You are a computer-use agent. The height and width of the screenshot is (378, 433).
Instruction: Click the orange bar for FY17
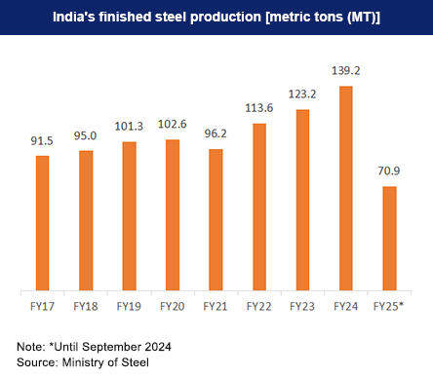pyautogui.click(x=42, y=223)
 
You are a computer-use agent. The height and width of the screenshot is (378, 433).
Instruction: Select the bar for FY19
pyautogui.click(x=129, y=216)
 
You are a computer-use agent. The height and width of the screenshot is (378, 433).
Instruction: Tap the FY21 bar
pyautogui.click(x=216, y=220)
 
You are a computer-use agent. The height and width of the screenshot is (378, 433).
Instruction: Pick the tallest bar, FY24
pyautogui.click(x=345, y=188)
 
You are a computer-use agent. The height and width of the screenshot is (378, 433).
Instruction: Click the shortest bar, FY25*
pyautogui.click(x=389, y=239)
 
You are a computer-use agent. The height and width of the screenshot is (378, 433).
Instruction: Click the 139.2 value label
pyautogui.click(x=345, y=70)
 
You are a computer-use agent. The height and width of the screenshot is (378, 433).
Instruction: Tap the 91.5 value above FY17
pyautogui.click(x=42, y=140)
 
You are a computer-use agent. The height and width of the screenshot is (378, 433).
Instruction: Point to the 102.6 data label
pyautogui.click(x=172, y=125)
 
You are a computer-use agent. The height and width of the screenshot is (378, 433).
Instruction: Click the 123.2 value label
pyautogui.click(x=302, y=94)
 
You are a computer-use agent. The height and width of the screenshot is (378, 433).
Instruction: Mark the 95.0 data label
pyautogui.click(x=86, y=135)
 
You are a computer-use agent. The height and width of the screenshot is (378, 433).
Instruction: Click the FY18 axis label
pyautogui.click(x=86, y=306)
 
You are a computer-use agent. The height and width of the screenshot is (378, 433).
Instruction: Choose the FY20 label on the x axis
pyautogui.click(x=172, y=306)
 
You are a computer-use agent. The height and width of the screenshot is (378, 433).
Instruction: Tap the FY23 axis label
pyautogui.click(x=302, y=306)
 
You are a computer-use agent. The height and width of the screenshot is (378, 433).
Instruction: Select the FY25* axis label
pyautogui.click(x=390, y=306)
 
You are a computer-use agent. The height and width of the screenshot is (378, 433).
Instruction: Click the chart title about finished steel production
pyautogui.click(x=216, y=17)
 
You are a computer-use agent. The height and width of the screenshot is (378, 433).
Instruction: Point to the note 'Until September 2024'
pyautogui.click(x=94, y=347)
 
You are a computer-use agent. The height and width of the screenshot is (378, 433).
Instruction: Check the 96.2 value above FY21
pyautogui.click(x=216, y=134)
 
